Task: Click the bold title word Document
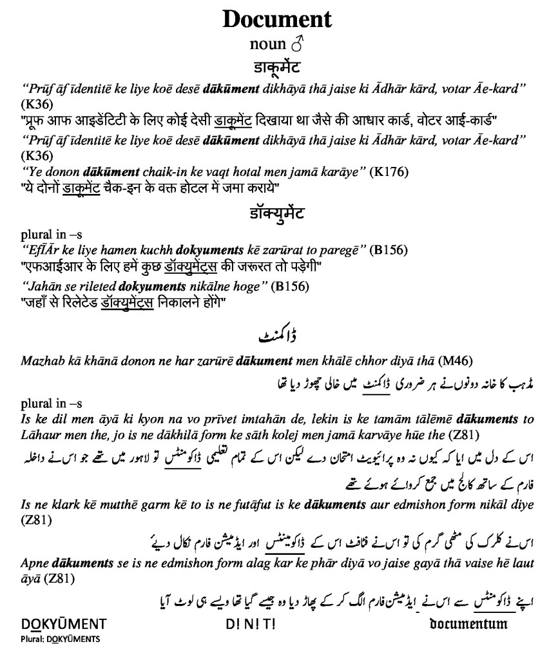[277, 19]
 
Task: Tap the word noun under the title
[267, 44]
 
